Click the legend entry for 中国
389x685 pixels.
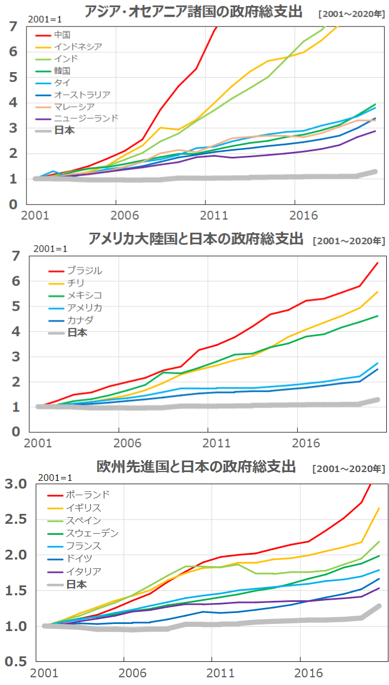coord(62,35)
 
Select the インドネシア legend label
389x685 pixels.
coord(77,47)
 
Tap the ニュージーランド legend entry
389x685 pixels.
coord(86,118)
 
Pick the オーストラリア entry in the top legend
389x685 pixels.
coord(82,95)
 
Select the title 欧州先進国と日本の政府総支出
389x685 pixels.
coord(196,467)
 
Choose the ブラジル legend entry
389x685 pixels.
coord(84,271)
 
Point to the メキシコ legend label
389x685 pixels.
coord(84,295)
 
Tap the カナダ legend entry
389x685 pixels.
coord(80,320)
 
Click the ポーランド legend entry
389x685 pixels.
coord(87,495)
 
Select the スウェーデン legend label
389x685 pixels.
coord(92,533)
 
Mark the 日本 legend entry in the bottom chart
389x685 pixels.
coord(76,584)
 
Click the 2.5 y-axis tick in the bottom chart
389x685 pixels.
coord(16,519)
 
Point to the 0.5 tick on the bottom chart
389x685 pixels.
coord(16,661)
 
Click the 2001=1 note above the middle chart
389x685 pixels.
coord(51,248)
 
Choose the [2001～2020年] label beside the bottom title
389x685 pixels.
coord(348,469)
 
